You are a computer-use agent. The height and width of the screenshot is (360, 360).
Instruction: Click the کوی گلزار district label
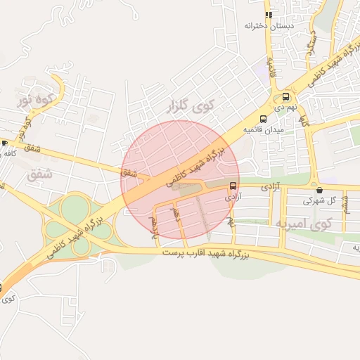coord(188,107)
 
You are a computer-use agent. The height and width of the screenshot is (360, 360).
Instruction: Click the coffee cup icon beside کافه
coord(4,143)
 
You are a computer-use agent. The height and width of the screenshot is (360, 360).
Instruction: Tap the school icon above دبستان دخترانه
coord(268,14)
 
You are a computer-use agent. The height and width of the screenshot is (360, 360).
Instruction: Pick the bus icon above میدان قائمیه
coord(263,118)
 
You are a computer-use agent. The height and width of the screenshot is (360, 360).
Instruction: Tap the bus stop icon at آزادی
coord(233,186)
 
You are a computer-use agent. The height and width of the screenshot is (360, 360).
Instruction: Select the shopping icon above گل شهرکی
coord(320,190)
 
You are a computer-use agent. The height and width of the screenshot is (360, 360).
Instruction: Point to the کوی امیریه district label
coord(303,224)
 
